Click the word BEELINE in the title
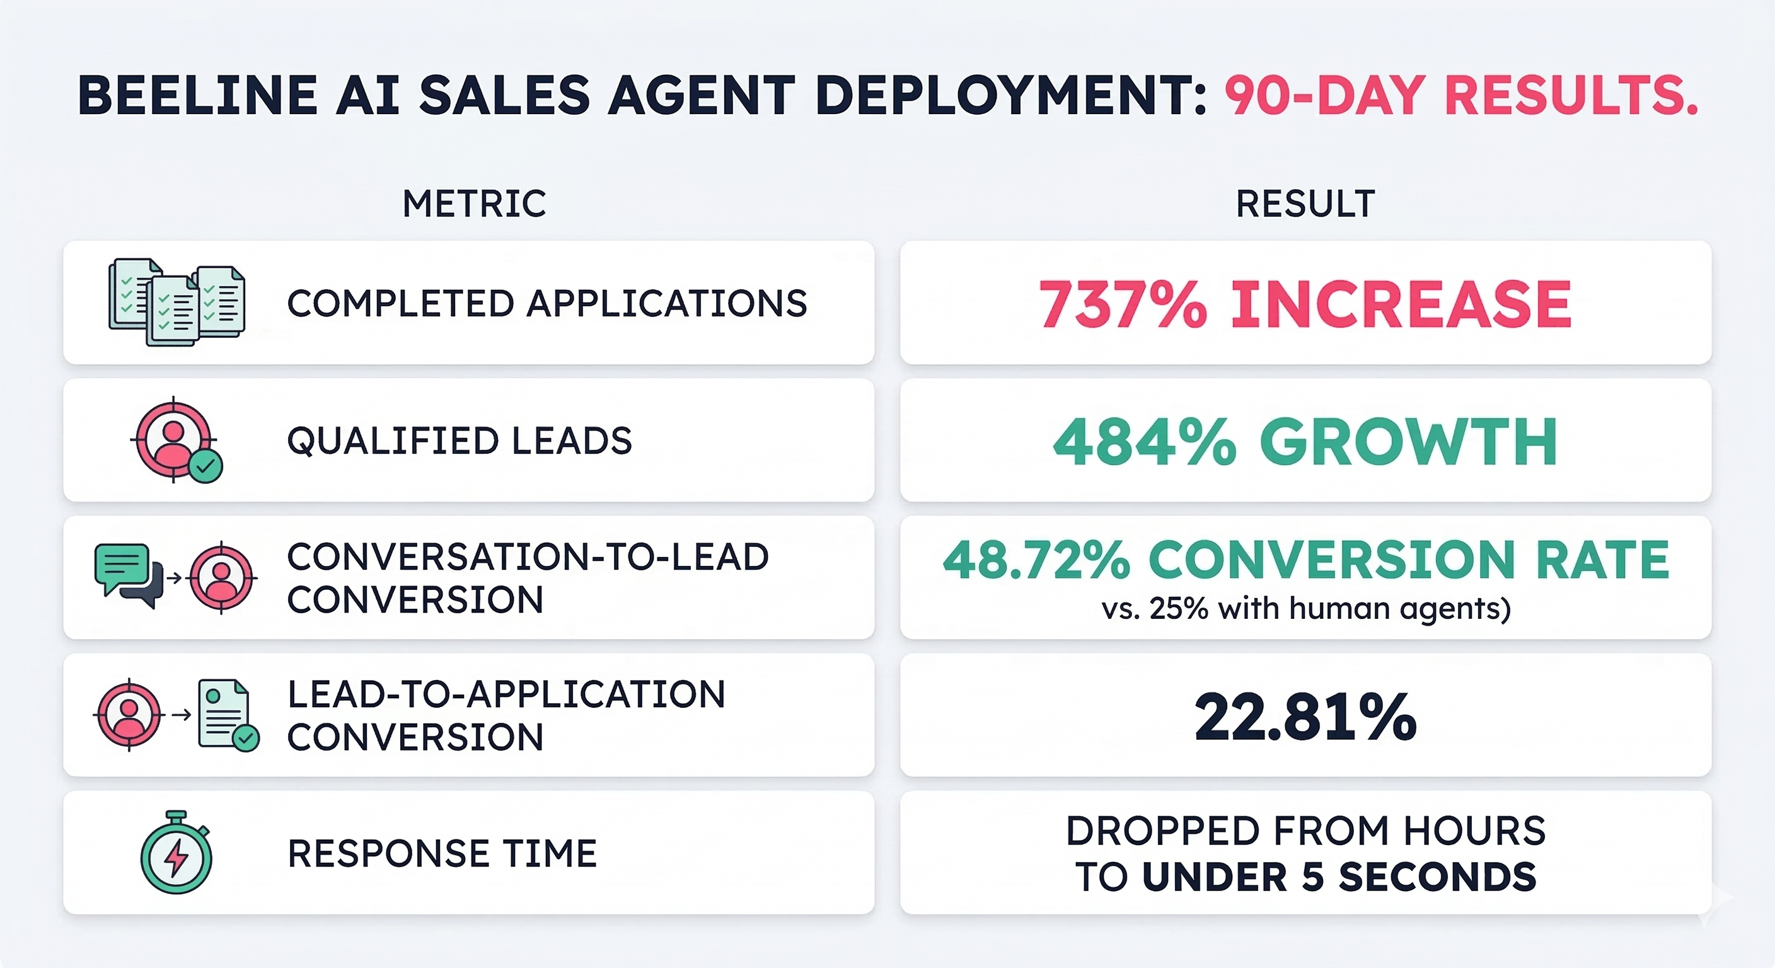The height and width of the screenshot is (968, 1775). click(199, 95)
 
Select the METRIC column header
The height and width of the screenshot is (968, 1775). click(474, 204)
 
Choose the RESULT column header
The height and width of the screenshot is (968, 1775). click(1305, 204)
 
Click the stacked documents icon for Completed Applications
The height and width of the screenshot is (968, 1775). click(176, 302)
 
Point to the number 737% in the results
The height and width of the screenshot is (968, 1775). click(1123, 304)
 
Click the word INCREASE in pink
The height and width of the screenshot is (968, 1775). click(1401, 304)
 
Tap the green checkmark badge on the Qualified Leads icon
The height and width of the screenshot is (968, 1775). click(205, 466)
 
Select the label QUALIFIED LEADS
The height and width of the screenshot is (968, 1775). click(459, 441)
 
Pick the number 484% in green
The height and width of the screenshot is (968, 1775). click(1145, 442)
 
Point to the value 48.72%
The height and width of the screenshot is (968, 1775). click(1036, 560)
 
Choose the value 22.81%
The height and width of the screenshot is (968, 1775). click(1305, 718)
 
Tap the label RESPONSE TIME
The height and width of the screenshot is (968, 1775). click(442, 854)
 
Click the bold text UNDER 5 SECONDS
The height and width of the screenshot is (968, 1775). click(1339, 877)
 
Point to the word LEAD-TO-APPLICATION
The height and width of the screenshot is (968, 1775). click(506, 694)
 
